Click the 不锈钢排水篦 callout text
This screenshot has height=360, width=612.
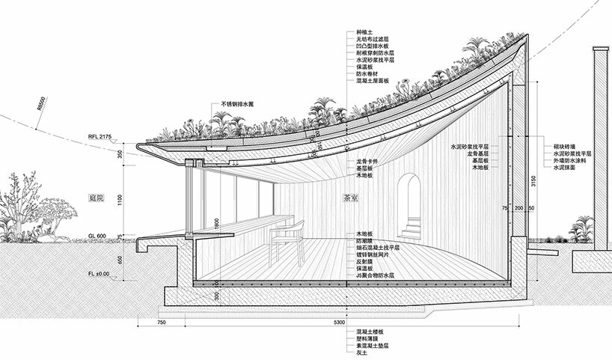tap(242, 104)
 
